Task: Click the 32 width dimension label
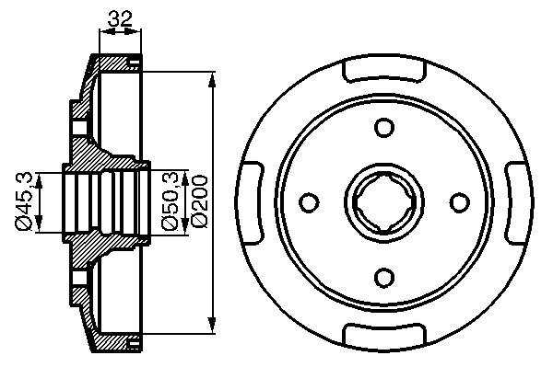pyautogui.click(x=120, y=18)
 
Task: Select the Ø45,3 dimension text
pyautogui.click(x=24, y=201)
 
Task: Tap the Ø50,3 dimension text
pyautogui.click(x=171, y=201)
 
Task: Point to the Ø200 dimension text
pyautogui.click(x=199, y=201)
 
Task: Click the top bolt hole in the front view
pyautogui.click(x=383, y=127)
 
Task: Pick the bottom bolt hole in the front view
pyautogui.click(x=383, y=277)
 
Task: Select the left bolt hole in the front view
pyautogui.click(x=309, y=202)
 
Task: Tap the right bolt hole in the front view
pyautogui.click(x=460, y=202)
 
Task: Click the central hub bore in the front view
pyautogui.click(x=384, y=202)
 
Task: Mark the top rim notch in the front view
pyautogui.click(x=384, y=70)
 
